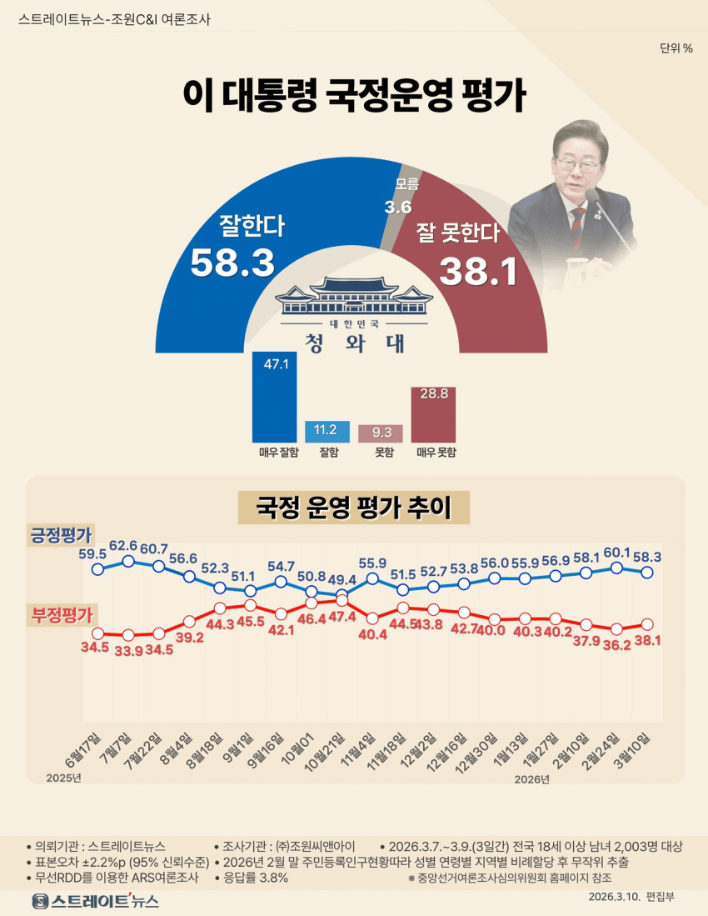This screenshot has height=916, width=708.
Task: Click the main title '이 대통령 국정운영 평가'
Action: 354,97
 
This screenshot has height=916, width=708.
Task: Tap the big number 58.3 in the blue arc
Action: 232,263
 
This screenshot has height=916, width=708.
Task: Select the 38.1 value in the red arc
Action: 479,271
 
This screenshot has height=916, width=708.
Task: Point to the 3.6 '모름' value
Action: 399,206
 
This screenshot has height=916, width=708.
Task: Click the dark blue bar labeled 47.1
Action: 275,397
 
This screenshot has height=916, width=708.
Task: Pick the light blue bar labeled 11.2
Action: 327,431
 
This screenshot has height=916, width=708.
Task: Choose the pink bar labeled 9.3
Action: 381,433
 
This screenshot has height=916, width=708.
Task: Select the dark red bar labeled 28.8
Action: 433,414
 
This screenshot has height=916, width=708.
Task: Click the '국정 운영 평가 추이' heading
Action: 354,507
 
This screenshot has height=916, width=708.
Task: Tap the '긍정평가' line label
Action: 62,534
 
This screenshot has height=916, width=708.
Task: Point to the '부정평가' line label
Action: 62,615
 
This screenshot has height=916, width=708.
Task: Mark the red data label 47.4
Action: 342,618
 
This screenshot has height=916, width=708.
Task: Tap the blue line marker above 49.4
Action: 342,593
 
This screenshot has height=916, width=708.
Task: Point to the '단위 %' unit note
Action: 676,48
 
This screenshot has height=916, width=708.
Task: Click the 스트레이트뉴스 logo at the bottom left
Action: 95,901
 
